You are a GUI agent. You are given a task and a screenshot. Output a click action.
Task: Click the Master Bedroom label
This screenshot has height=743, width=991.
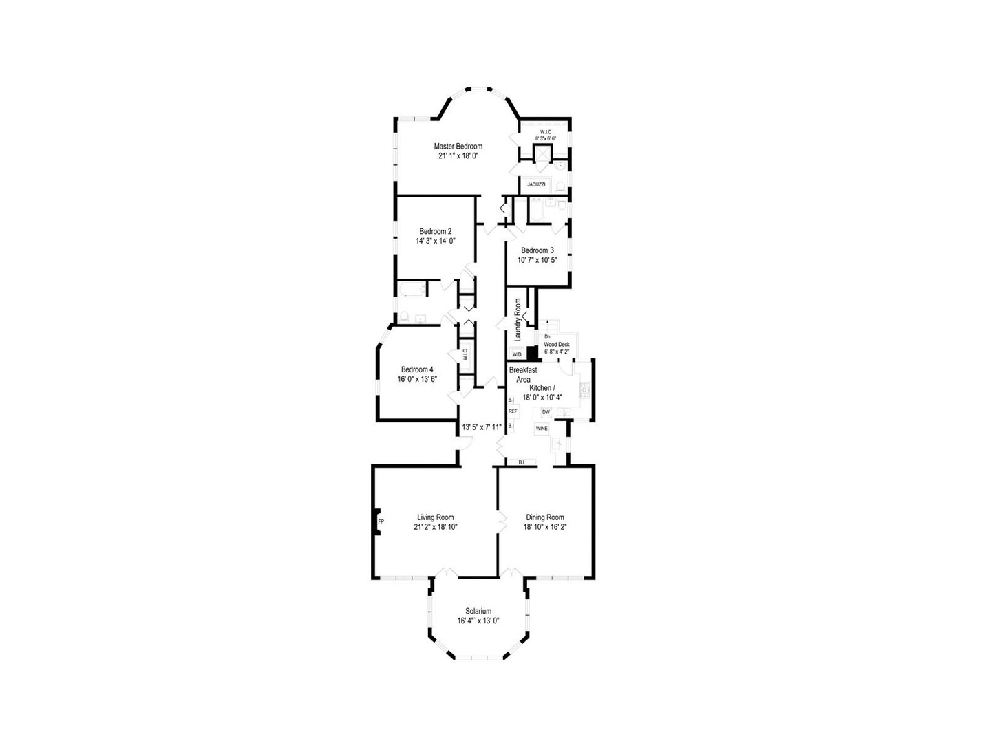pos(458,147)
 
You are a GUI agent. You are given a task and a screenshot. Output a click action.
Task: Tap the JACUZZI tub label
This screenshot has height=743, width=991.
pos(536,185)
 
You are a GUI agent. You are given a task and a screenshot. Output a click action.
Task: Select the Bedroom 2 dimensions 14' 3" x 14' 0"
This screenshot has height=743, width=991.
pos(435,241)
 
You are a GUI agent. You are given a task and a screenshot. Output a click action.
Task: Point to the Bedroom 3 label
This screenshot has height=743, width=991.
pos(537,250)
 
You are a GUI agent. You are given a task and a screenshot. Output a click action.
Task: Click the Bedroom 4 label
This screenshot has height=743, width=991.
pos(417,369)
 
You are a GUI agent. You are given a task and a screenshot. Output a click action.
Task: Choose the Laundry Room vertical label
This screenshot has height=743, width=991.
pos(518,320)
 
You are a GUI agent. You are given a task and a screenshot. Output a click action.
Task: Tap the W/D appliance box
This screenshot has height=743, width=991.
pos(517,354)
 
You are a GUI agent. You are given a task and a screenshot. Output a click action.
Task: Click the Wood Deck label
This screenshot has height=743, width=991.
pos(556,344)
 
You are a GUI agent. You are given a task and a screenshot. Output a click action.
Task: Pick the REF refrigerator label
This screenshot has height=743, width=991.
pos(513,411)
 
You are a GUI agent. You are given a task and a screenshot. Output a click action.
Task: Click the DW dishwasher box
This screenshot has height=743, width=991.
pos(546,412)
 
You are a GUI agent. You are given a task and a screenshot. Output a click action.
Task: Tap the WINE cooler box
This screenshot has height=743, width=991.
pos(542,428)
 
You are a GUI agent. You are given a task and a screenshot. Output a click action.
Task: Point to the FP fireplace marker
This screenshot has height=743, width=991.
pos(381,521)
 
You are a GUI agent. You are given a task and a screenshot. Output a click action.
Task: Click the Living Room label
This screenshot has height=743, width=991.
pos(435,517)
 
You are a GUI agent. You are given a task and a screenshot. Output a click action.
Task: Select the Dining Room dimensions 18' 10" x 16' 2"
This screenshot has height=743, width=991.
pos(545,527)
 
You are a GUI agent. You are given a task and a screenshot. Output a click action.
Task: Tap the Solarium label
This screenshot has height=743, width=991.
pos(478,611)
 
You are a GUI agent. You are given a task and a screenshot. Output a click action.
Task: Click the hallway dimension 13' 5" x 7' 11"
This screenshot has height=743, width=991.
pos(482,427)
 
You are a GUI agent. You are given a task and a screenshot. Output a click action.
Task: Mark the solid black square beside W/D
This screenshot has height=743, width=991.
pos(531,352)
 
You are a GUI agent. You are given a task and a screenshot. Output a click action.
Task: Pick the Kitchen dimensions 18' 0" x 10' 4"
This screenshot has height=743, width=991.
pos(542,397)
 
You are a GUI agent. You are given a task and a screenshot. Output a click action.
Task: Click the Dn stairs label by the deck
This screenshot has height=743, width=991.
pos(547,337)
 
